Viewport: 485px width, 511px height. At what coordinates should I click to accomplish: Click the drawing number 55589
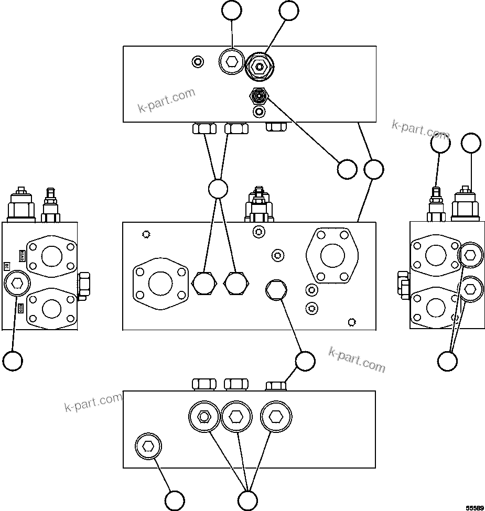click(475, 507)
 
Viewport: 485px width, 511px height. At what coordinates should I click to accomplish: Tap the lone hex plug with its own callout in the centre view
click(275, 290)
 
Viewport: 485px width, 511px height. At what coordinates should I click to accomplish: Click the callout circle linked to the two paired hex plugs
click(218, 189)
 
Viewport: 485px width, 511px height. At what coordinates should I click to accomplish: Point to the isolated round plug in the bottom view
click(148, 447)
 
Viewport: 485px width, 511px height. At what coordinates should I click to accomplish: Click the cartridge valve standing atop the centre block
click(258, 205)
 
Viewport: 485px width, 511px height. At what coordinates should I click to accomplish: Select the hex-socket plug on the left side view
click(17, 284)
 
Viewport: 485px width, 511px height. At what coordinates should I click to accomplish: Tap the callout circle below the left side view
click(13, 361)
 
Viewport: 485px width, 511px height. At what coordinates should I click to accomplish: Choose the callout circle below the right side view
click(447, 361)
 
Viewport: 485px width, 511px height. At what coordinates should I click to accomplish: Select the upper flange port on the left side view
click(51, 256)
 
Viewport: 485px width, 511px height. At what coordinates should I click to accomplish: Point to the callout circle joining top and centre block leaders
click(373, 169)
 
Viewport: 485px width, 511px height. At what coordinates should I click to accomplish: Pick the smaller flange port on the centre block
click(160, 284)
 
